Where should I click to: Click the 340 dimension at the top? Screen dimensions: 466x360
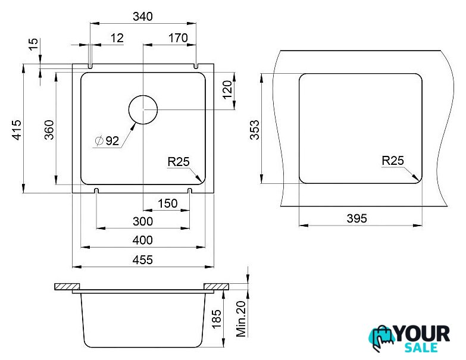[x=143, y=16]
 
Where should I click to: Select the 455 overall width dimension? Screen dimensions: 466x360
[x=143, y=260]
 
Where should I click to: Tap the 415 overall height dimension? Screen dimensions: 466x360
[x=17, y=130]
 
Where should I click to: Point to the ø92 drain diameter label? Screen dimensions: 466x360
[x=107, y=140]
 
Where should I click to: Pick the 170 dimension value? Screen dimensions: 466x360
[x=178, y=38]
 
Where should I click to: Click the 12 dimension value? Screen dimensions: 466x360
[x=117, y=38]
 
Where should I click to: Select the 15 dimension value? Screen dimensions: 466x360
[x=34, y=44]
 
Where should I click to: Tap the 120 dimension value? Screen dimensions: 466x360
[x=227, y=89]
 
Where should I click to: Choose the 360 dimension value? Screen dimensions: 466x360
[x=49, y=130]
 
